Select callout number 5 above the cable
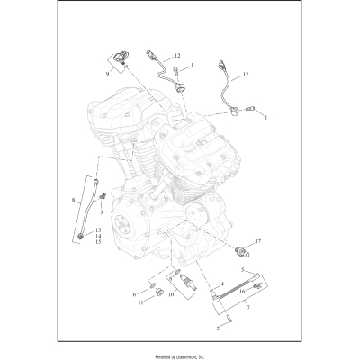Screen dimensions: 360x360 tap(241, 270)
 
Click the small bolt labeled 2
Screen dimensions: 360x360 tap(230, 317)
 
